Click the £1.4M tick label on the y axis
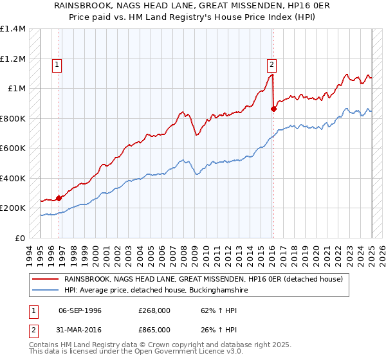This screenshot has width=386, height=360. (12, 29)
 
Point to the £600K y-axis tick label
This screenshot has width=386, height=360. (12, 148)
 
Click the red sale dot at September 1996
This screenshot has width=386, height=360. (59, 198)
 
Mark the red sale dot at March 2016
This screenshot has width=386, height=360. (273, 109)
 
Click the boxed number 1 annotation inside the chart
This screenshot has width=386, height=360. (57, 64)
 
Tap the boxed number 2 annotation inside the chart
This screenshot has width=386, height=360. (272, 64)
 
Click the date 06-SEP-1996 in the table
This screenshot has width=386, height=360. (80, 310)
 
